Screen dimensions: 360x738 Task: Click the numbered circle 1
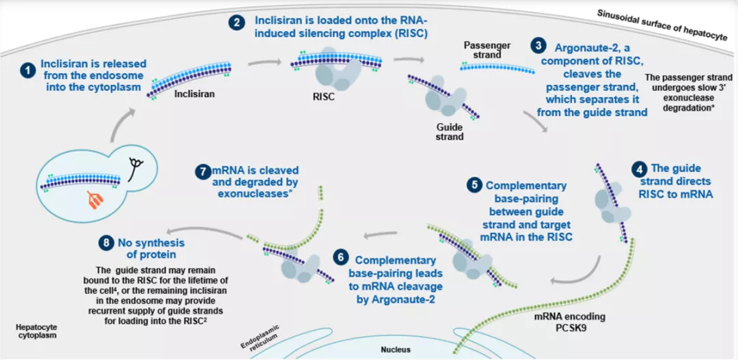(x=27, y=70)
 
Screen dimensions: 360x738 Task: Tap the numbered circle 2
(x=236, y=22)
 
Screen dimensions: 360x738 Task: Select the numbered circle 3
(x=540, y=46)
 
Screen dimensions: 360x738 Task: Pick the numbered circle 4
(x=638, y=168)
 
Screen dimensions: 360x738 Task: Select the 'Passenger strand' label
(x=487, y=50)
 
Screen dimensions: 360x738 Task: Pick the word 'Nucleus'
(x=396, y=350)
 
